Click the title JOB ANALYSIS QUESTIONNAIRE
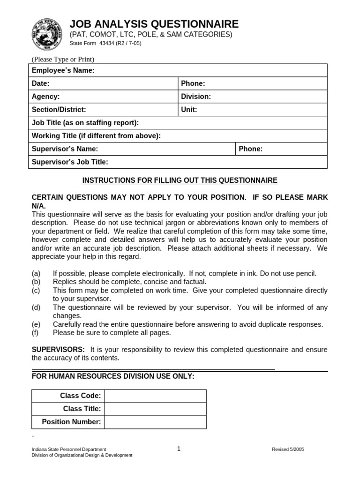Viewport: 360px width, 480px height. point(154,24)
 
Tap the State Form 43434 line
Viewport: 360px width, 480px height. point(105,43)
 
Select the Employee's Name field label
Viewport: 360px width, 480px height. point(63,70)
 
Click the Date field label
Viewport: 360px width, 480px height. point(40,83)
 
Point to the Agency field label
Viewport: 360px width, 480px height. point(45,97)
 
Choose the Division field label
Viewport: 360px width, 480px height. point(196,97)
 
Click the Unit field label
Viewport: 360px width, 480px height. point(189,110)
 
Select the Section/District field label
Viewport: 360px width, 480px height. point(59,110)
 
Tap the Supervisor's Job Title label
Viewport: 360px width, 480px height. point(70,162)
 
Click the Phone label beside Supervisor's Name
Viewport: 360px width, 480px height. point(251,149)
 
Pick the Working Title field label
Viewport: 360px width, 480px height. point(96,136)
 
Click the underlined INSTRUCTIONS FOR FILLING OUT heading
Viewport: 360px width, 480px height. point(180,180)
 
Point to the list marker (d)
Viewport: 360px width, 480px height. point(36,307)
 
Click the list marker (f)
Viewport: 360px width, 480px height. point(36,333)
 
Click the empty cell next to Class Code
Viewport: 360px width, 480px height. point(155,396)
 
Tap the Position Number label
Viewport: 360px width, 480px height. point(71,422)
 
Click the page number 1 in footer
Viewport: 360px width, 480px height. point(179,449)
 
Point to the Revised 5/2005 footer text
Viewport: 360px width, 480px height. point(288,449)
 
